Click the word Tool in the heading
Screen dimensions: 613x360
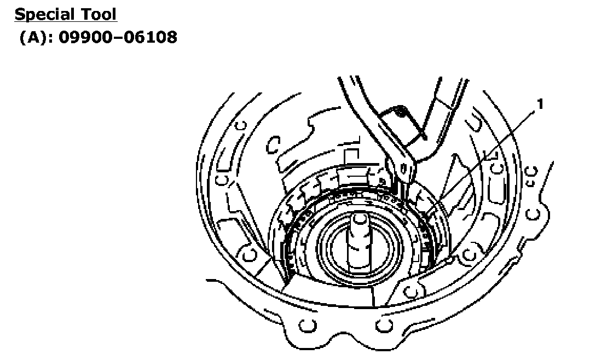click(x=99, y=14)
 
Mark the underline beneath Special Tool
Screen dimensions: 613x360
click(x=66, y=21)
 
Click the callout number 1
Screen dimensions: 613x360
click(x=540, y=104)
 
